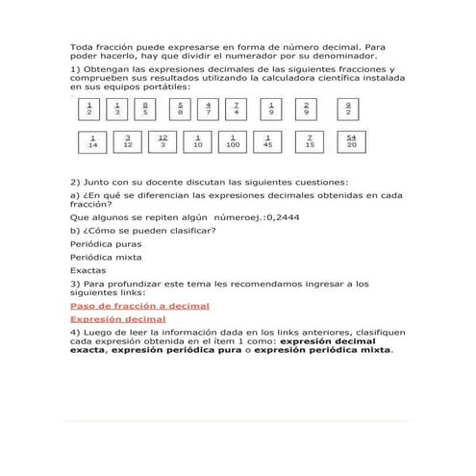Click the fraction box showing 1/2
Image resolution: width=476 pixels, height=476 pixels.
point(88,110)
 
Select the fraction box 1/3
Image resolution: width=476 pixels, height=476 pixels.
point(116,110)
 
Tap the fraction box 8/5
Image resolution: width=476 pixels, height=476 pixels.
point(144,110)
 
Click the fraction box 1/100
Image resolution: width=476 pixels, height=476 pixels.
point(233,142)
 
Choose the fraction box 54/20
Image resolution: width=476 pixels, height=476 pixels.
point(351,142)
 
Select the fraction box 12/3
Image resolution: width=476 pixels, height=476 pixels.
point(163,142)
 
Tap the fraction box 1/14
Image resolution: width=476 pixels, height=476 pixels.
point(92,142)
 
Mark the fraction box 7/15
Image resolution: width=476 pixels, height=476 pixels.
point(309,142)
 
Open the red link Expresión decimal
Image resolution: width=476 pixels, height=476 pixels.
point(117,318)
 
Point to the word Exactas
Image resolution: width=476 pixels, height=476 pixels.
point(88,270)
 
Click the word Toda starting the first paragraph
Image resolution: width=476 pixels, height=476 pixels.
point(82,46)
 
